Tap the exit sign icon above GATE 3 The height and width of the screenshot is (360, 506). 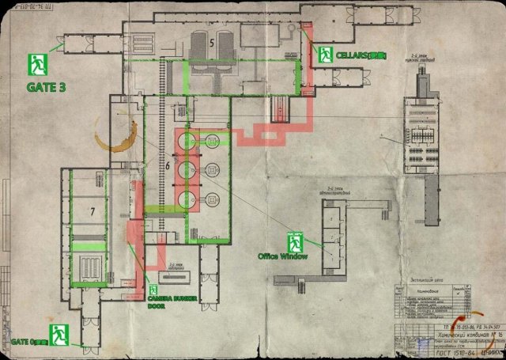point(36,63)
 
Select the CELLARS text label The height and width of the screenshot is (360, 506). point(354,55)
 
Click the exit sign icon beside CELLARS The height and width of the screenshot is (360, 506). point(325,55)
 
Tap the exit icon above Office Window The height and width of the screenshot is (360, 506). point(296,240)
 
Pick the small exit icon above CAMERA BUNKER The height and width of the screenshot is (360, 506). point(153,290)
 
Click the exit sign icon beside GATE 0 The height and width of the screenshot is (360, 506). point(56,334)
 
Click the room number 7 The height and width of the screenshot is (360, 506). point(92,212)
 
